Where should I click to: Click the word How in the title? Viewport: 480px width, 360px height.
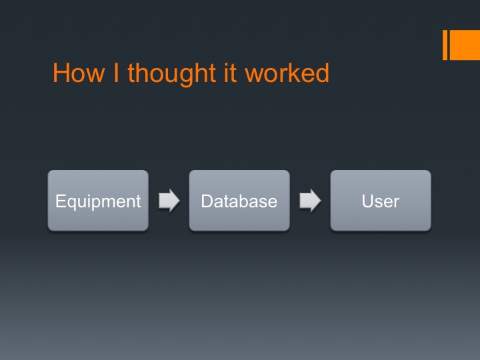(x=79, y=73)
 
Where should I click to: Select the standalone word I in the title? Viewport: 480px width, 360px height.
(x=116, y=73)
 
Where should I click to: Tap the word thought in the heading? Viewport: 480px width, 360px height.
(x=172, y=75)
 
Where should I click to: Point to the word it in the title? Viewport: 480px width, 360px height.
(x=230, y=73)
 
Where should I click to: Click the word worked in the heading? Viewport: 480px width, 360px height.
(x=287, y=73)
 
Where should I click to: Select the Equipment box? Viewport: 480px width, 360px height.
(x=98, y=201)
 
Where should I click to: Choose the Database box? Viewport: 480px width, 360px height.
(x=239, y=201)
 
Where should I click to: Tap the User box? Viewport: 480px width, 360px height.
(x=381, y=201)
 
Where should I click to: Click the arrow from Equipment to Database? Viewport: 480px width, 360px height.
(x=169, y=201)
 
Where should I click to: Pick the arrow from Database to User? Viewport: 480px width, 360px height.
(x=310, y=201)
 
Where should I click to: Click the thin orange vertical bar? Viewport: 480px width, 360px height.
(x=445, y=45)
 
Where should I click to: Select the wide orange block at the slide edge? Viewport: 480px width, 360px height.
(x=465, y=45)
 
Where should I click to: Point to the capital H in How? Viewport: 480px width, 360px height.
(x=61, y=73)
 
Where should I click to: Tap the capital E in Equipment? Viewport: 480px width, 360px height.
(x=60, y=201)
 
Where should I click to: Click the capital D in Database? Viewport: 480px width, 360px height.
(x=207, y=201)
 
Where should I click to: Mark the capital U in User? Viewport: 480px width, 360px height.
(x=367, y=201)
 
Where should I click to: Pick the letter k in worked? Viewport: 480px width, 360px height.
(x=293, y=73)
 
